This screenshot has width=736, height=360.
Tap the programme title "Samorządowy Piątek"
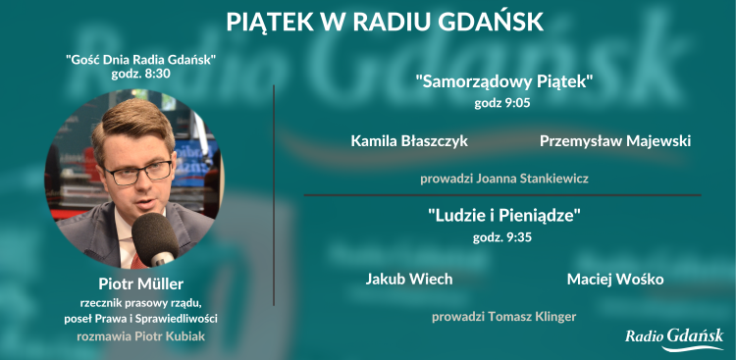click(x=504, y=82)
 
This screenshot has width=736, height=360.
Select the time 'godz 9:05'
click(x=503, y=103)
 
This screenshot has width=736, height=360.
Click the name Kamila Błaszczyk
click(x=409, y=141)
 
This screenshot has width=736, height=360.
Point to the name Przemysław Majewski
click(x=615, y=141)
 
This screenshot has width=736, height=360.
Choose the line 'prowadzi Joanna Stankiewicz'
click(x=504, y=179)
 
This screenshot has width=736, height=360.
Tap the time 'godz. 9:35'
click(x=502, y=236)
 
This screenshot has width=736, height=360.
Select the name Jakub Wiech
click(x=409, y=279)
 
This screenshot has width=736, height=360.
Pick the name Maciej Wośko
click(x=615, y=279)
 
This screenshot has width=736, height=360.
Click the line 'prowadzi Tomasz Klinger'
click(x=504, y=316)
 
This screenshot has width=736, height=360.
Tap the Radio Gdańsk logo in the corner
click(x=674, y=338)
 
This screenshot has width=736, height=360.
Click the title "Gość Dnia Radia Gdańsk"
click(x=140, y=60)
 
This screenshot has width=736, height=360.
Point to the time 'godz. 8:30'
click(x=140, y=74)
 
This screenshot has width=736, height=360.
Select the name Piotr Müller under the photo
click(x=140, y=283)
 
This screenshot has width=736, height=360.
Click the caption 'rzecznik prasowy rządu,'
click(x=140, y=301)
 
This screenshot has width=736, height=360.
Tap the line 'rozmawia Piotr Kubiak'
click(x=140, y=334)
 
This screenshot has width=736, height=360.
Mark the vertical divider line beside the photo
click(x=273, y=196)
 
